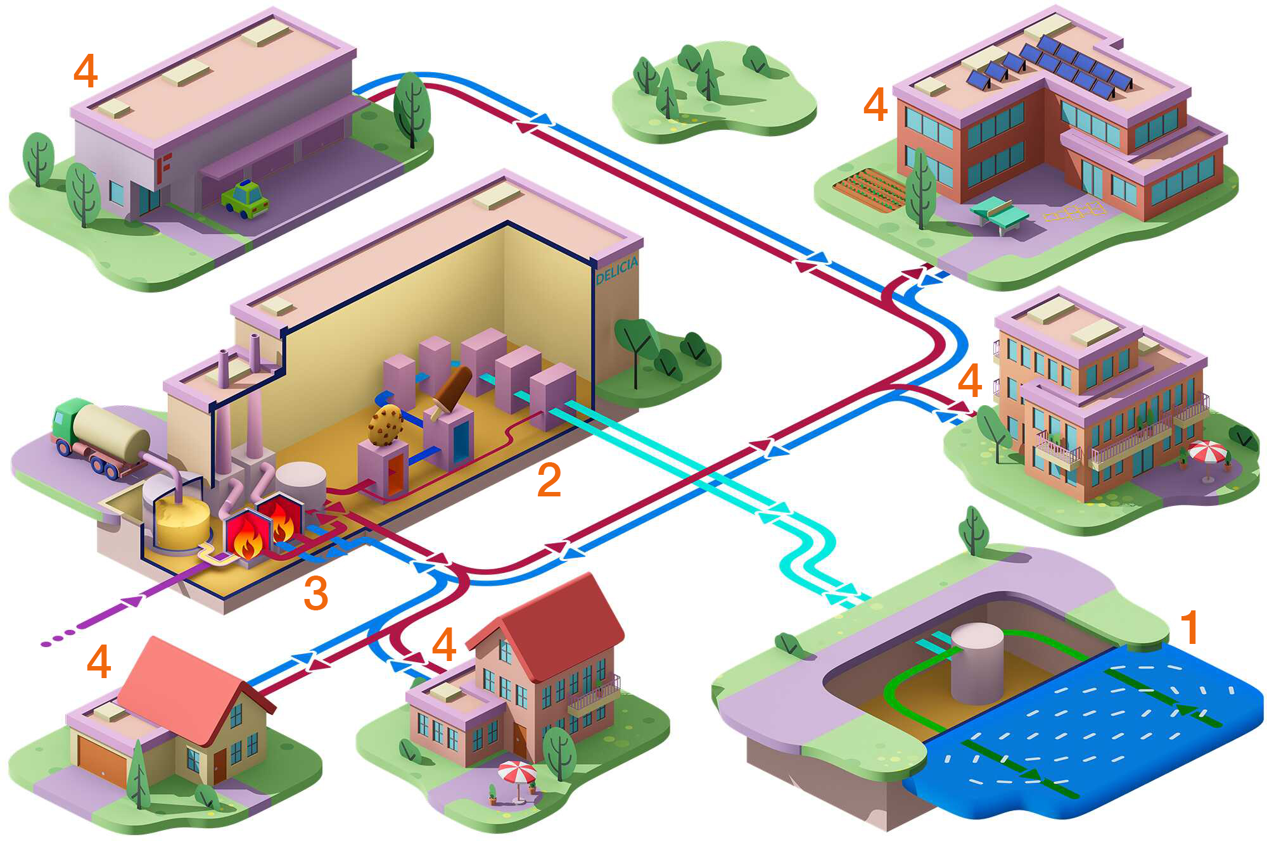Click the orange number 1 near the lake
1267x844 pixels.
(1190, 627)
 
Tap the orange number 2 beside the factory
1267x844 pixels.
(549, 480)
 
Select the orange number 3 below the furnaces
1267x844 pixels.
(315, 593)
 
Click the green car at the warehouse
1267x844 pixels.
(246, 199)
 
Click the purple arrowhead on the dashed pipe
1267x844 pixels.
(132, 602)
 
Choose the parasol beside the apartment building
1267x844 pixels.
(1207, 453)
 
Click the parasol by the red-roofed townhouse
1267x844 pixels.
(517, 772)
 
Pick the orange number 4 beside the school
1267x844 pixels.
(875, 104)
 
